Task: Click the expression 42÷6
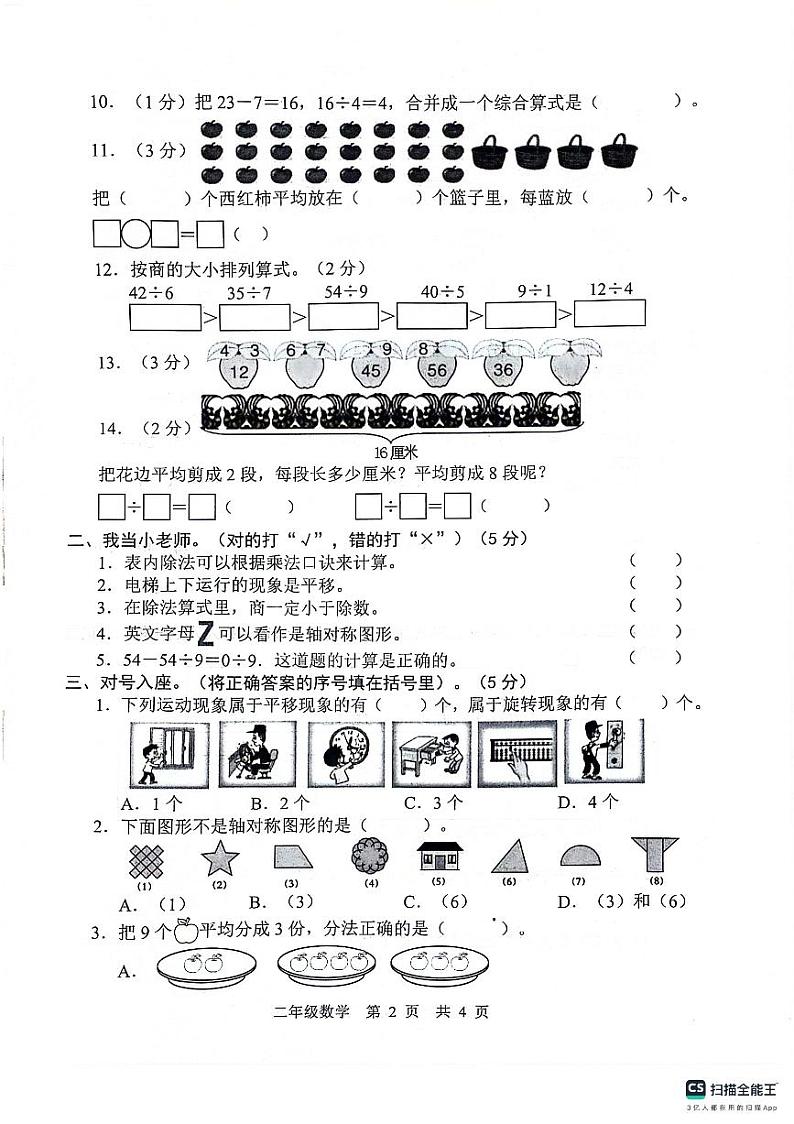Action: pyautogui.click(x=153, y=293)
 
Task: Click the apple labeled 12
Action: pyautogui.click(x=240, y=369)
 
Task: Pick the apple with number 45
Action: pyautogui.click(x=371, y=369)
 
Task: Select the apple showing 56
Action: pyautogui.click(x=436, y=369)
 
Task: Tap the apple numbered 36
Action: pyautogui.click(x=503, y=369)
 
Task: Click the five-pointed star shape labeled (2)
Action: pyautogui.click(x=214, y=857)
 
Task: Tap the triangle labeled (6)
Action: pyautogui.click(x=509, y=857)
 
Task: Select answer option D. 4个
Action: pyautogui.click(x=589, y=802)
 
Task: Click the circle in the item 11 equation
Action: pyautogui.click(x=136, y=235)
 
